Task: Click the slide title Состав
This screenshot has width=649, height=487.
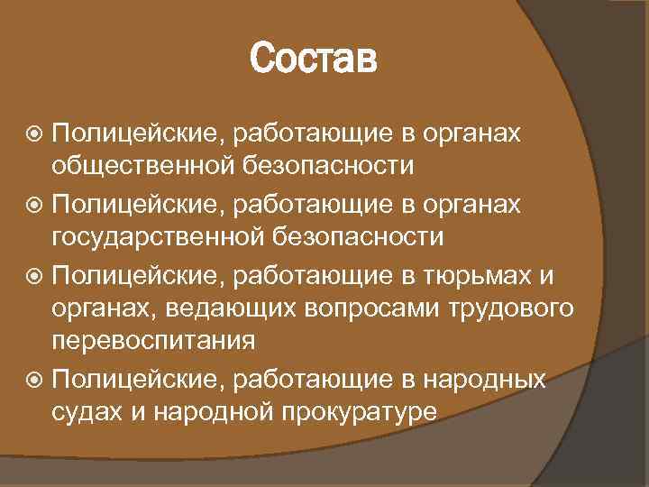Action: click(x=313, y=62)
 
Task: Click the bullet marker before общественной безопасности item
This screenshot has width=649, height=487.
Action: click(x=34, y=133)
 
